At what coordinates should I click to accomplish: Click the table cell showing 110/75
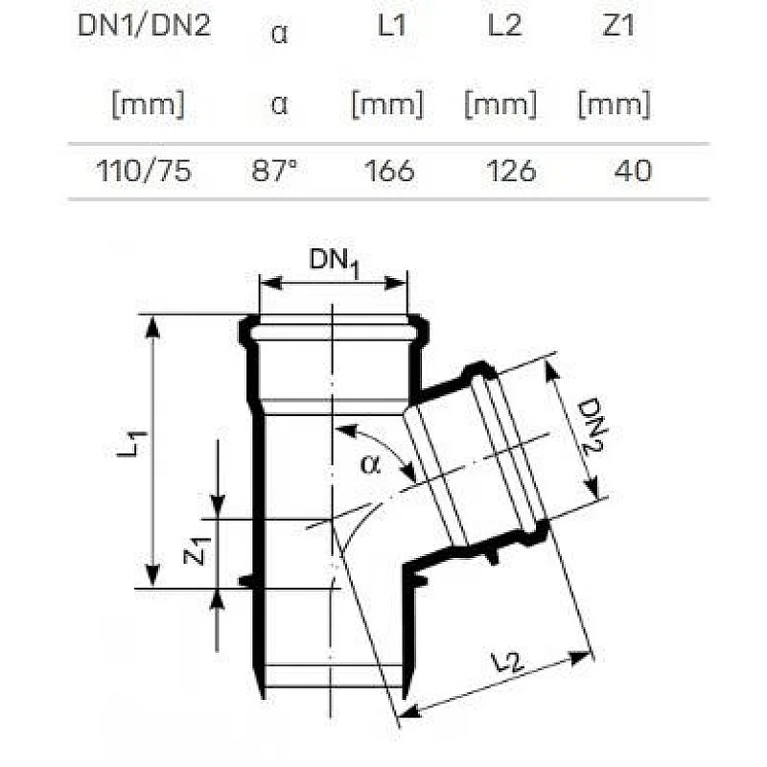click(144, 171)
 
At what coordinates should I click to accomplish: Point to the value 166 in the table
click(389, 171)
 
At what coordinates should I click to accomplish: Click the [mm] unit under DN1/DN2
click(144, 105)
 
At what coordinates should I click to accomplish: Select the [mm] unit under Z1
click(613, 105)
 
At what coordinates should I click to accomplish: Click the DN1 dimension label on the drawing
click(334, 261)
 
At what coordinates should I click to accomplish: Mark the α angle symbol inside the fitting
click(370, 465)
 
